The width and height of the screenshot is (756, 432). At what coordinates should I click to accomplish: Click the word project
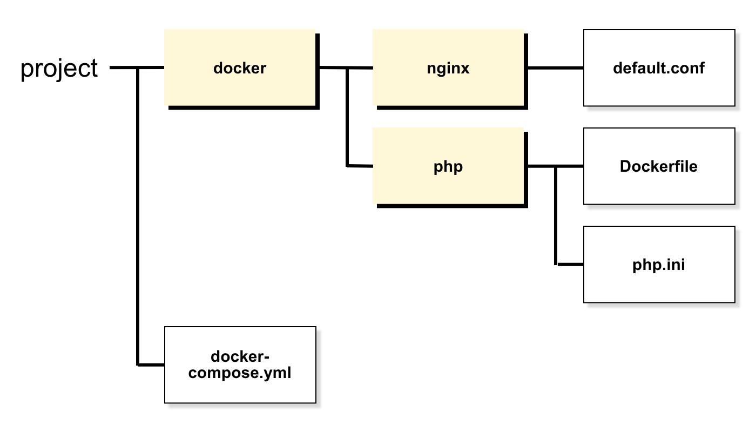click(59, 69)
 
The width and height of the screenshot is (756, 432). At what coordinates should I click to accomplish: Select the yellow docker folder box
click(242, 69)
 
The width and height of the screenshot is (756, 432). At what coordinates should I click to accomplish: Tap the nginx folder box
click(450, 69)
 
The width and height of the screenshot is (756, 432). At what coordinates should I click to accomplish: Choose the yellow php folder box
click(450, 167)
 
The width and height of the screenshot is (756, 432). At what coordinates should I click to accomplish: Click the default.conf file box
click(659, 68)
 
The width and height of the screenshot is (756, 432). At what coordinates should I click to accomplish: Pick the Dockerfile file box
click(659, 166)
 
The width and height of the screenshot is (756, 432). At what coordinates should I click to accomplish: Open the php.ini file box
click(659, 264)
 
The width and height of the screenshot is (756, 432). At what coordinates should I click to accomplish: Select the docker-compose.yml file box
click(240, 365)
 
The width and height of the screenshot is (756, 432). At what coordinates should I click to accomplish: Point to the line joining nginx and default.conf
click(556, 68)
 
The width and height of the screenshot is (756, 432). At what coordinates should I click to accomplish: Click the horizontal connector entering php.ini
click(570, 264)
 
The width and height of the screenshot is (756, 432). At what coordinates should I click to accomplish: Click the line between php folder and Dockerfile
click(556, 166)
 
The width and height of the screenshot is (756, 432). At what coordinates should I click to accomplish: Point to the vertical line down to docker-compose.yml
click(138, 217)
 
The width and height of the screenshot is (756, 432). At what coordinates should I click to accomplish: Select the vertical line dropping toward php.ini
click(556, 215)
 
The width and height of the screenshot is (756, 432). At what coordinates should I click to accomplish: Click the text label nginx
click(448, 69)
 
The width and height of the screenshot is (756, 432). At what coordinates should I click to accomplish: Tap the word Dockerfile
click(658, 166)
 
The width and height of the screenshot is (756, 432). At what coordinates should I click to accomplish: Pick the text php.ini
click(658, 265)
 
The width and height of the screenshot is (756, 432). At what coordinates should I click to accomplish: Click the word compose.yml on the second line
click(240, 373)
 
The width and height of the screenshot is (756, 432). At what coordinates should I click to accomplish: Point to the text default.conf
click(658, 68)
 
